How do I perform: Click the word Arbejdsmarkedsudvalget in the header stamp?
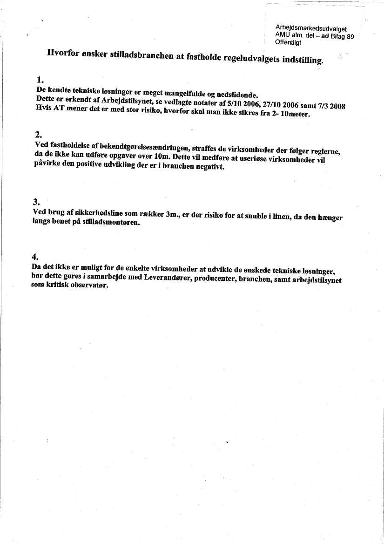(311, 29)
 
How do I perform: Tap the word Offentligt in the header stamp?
(289, 42)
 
